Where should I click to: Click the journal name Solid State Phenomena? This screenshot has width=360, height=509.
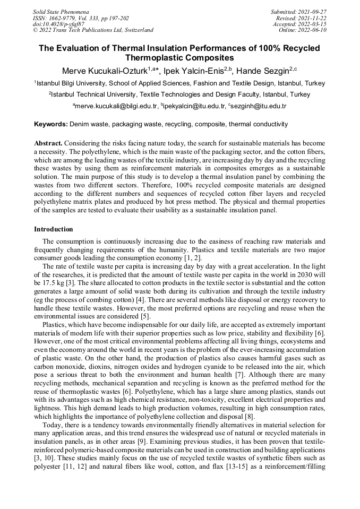click(x=61, y=11)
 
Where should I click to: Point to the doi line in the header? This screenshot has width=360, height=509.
click(x=58, y=24)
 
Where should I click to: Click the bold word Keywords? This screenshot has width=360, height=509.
click(x=51, y=124)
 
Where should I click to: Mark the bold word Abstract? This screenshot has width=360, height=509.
click(x=49, y=144)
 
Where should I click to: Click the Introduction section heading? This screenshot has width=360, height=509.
click(x=54, y=229)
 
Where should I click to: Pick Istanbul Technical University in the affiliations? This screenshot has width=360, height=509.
click(x=91, y=94)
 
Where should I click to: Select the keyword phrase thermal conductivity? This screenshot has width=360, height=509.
click(x=258, y=124)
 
